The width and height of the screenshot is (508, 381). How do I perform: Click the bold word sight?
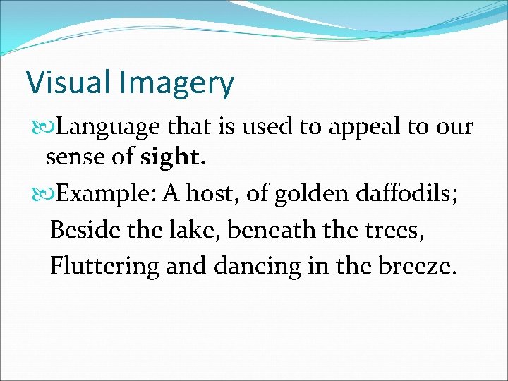pos(174,157)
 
